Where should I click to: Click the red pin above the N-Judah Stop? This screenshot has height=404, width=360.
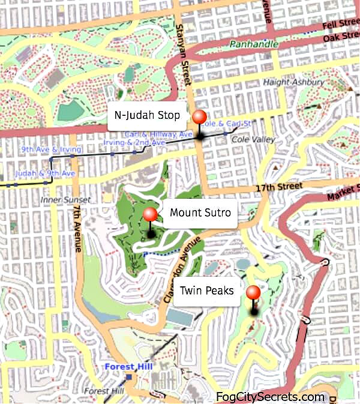coord(199,118)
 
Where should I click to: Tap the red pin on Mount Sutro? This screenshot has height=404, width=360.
coord(150,214)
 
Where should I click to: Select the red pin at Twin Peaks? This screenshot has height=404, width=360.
coord(254,293)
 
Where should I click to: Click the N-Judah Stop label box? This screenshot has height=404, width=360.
coord(147,116)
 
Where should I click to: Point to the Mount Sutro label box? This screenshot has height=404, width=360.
coord(200,213)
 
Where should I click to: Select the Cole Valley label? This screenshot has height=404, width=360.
coord(253,139)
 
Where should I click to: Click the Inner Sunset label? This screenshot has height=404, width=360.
coord(65,199)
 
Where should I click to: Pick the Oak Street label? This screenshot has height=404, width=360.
coord(340,38)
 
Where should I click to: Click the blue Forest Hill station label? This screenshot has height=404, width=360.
coord(128,366)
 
